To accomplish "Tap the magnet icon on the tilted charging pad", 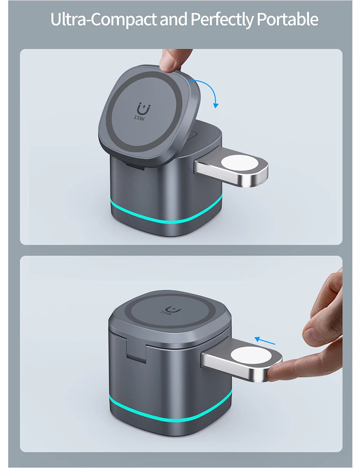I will tap(144, 109).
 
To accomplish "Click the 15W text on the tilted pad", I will tap(139, 117).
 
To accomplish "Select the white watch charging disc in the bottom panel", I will tap(251, 356).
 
